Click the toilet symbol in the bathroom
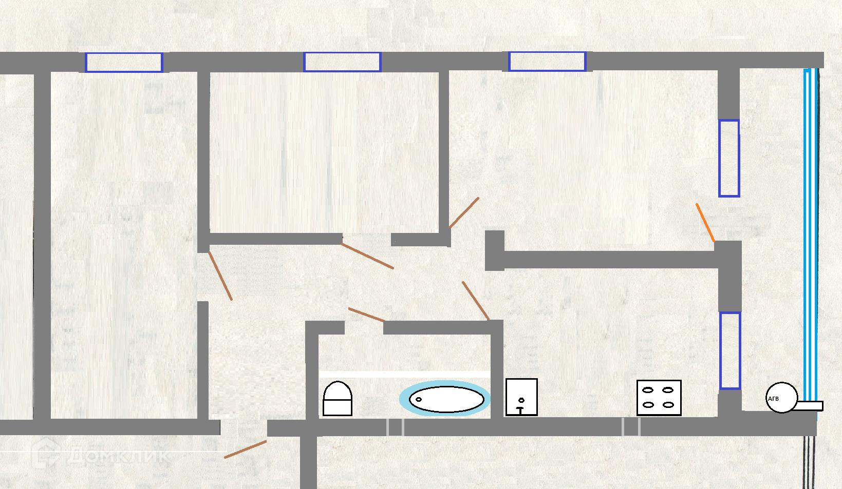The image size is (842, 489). [338, 398]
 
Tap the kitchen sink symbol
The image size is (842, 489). [521, 397]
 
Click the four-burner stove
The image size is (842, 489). [659, 398]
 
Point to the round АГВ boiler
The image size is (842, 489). [781, 398]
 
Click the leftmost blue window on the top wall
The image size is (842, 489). [123, 62]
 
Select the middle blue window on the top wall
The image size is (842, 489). [342, 62]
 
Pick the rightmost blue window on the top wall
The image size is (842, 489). [547, 62]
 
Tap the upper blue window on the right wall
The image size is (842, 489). [728, 158]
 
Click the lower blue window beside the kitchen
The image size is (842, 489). [729, 350]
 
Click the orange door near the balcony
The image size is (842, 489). [705, 222]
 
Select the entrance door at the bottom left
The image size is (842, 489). [246, 449]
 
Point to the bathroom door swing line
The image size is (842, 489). [366, 315]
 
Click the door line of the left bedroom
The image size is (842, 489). [220, 276]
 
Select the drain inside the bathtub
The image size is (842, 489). [418, 399]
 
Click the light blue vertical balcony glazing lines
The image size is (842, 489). [810, 236]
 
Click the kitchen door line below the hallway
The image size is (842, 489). [475, 300]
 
